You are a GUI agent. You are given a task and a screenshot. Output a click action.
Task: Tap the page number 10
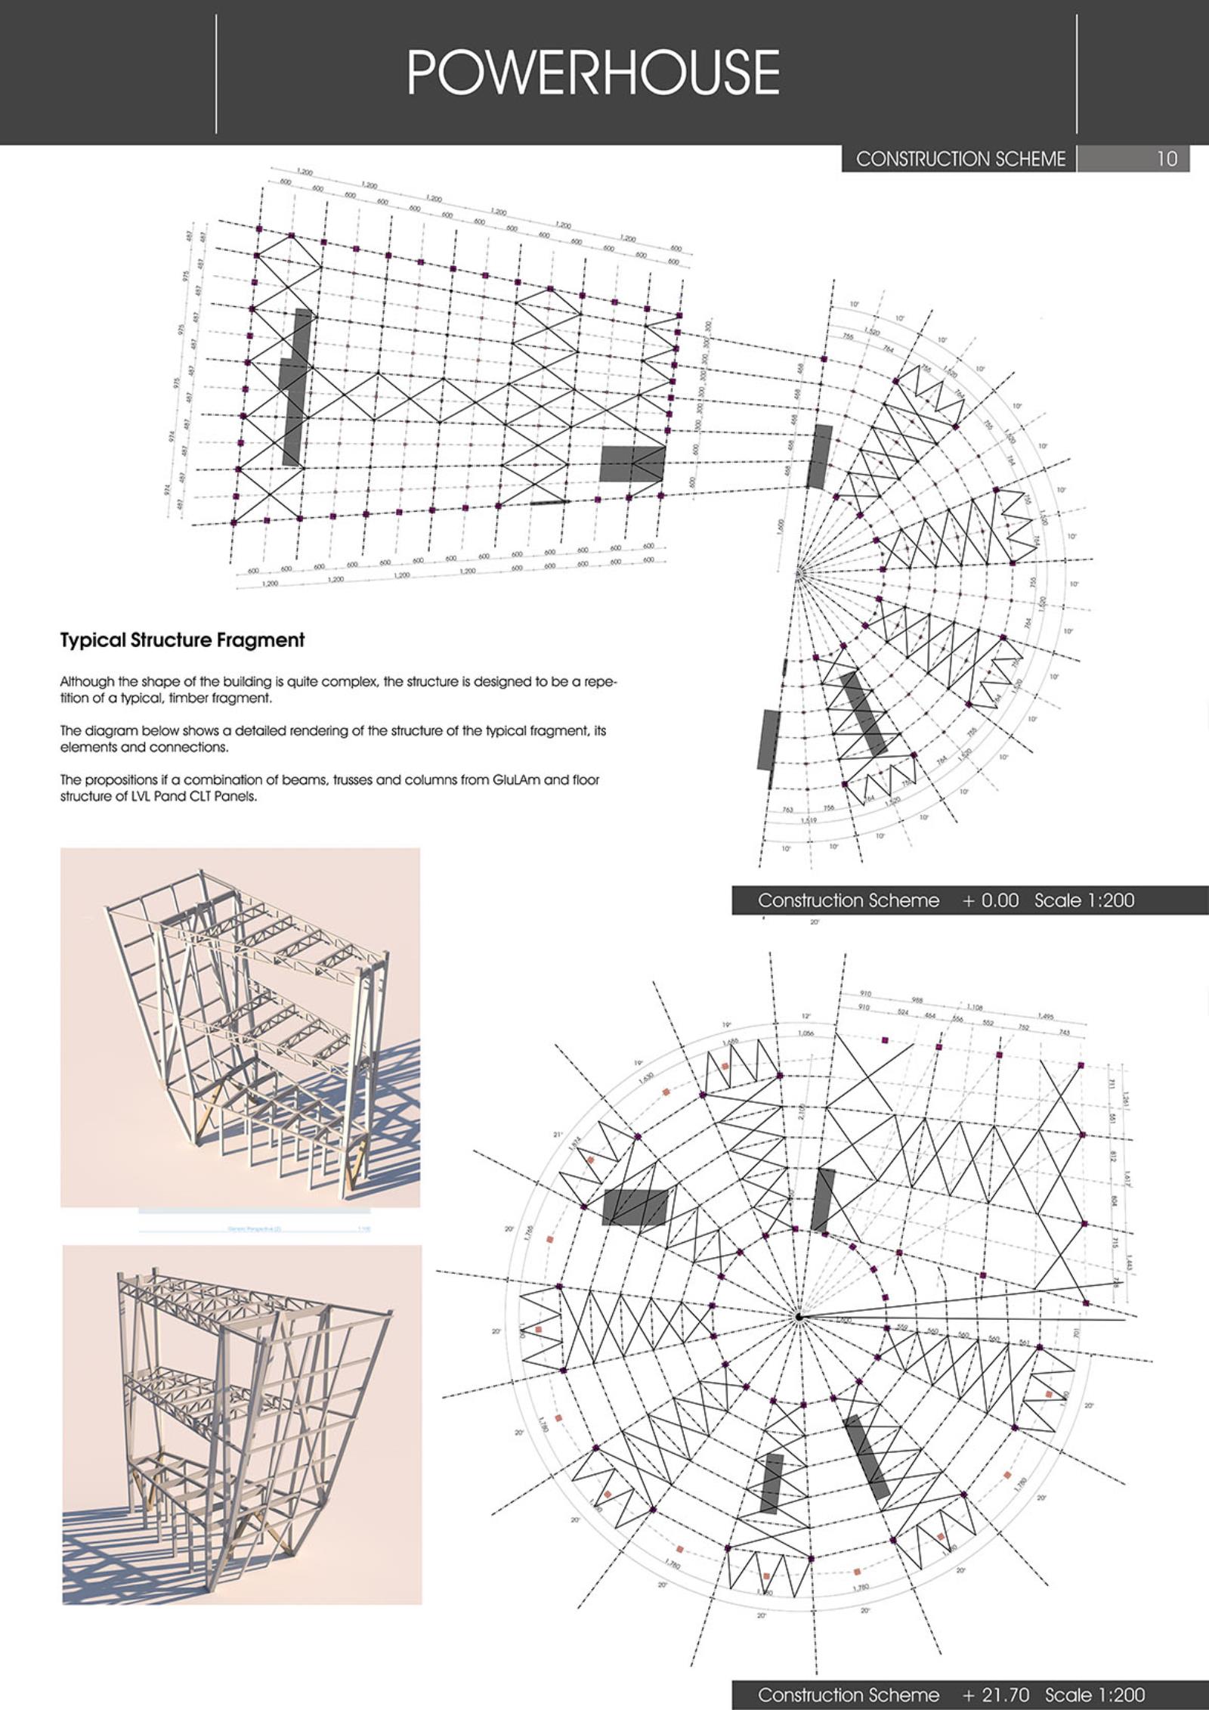coord(1167,159)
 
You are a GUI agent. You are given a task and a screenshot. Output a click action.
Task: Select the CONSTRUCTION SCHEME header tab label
coord(960,159)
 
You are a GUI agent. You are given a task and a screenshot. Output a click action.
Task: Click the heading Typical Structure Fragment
coord(182,640)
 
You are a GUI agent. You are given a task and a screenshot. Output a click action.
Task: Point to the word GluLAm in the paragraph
coord(517,779)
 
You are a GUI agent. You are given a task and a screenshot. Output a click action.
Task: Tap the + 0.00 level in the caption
coord(990,900)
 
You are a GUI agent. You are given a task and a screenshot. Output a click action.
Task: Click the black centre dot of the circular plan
coord(798,1318)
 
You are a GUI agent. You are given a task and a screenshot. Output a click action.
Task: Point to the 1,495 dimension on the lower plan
coord(1046,1016)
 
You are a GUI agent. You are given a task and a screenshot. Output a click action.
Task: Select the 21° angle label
coord(558,1135)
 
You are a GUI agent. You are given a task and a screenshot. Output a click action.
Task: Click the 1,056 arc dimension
coord(806,1033)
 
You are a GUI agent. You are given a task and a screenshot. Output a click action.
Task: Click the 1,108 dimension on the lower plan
coord(975,1006)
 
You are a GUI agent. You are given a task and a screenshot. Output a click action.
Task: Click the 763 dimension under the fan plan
coord(788,810)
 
